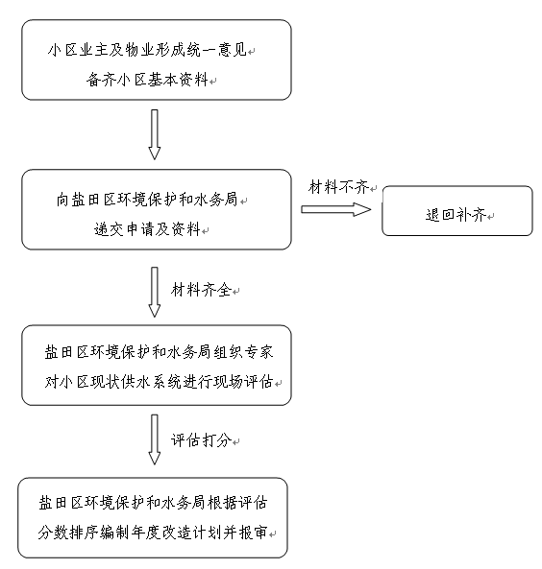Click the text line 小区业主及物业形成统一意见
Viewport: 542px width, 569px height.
148,50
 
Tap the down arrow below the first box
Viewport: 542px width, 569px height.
155,134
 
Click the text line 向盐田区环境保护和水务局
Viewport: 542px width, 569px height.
147,200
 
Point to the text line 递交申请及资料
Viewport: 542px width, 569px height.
148,229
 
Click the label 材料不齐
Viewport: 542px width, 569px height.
339,187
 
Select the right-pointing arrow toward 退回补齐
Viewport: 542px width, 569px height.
336,209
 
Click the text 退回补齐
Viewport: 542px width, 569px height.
456,215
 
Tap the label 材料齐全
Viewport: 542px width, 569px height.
201,290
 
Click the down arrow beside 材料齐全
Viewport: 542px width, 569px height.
155,292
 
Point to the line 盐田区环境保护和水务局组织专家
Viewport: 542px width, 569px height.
159,352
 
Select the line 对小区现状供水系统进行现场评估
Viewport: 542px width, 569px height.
159,382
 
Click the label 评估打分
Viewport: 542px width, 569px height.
201,440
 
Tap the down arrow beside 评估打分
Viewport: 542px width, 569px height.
155,439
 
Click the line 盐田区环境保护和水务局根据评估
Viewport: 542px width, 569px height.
153,503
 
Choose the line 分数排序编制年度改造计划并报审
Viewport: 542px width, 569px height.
153,533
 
